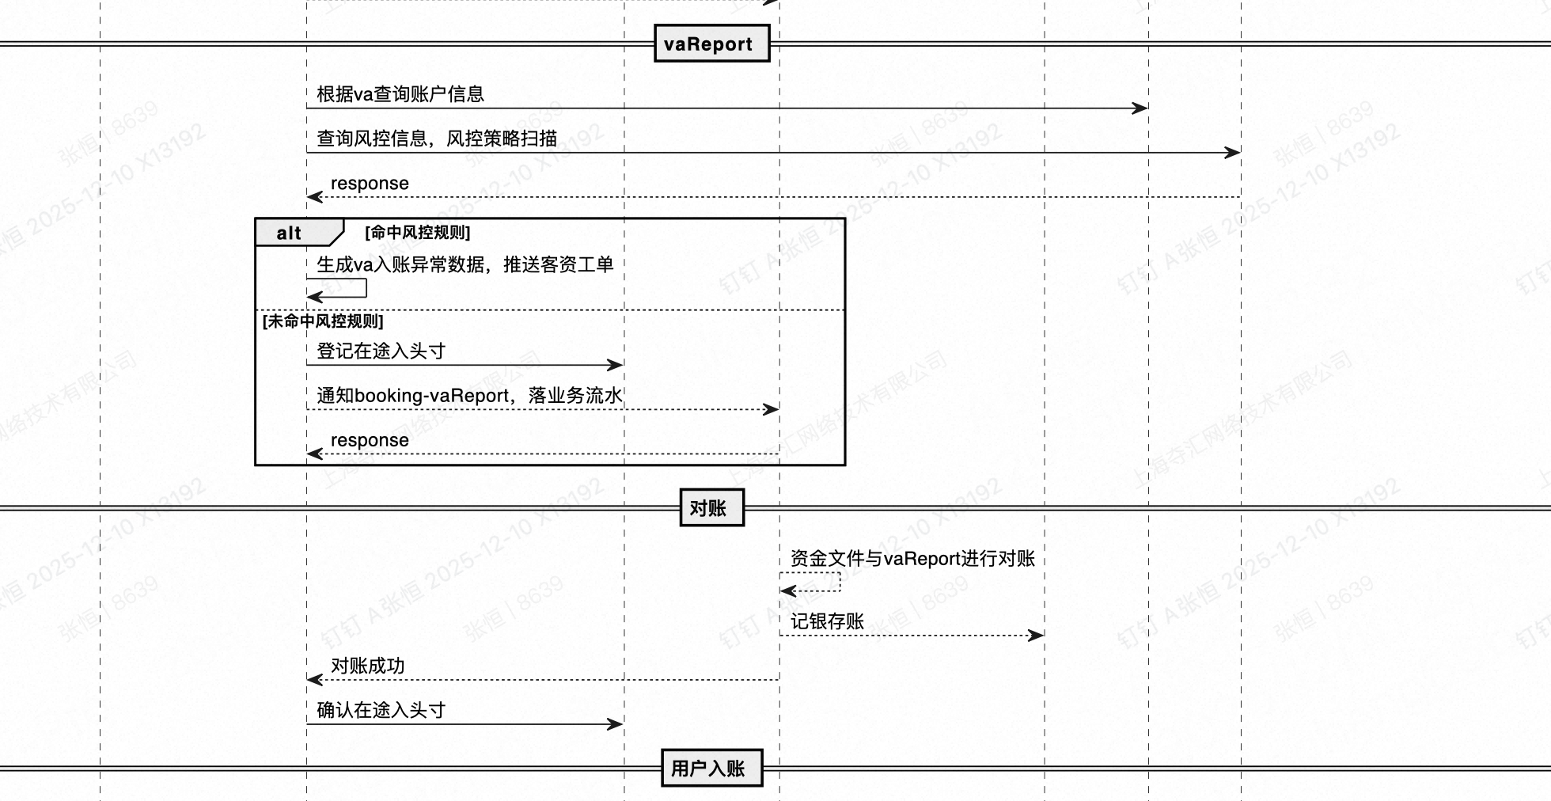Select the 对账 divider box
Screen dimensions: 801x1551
coord(711,508)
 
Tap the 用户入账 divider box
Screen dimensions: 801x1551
coord(711,768)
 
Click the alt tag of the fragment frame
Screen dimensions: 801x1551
coord(290,233)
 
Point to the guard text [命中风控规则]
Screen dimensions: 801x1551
coord(417,233)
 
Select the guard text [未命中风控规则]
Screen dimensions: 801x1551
coord(323,321)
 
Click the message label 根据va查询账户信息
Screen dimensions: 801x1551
coord(400,94)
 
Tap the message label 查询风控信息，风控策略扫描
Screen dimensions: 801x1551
coord(437,139)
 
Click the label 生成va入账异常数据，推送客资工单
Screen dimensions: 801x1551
coord(465,264)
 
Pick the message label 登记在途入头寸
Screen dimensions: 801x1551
coord(381,351)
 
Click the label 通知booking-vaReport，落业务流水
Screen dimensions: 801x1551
coord(469,395)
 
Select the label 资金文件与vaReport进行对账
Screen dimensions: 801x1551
coord(912,559)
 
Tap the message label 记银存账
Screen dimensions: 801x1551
coord(827,621)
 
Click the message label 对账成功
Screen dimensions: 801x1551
coord(367,666)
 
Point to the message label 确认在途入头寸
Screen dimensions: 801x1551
coord(381,710)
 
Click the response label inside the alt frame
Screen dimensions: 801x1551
coord(370,440)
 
